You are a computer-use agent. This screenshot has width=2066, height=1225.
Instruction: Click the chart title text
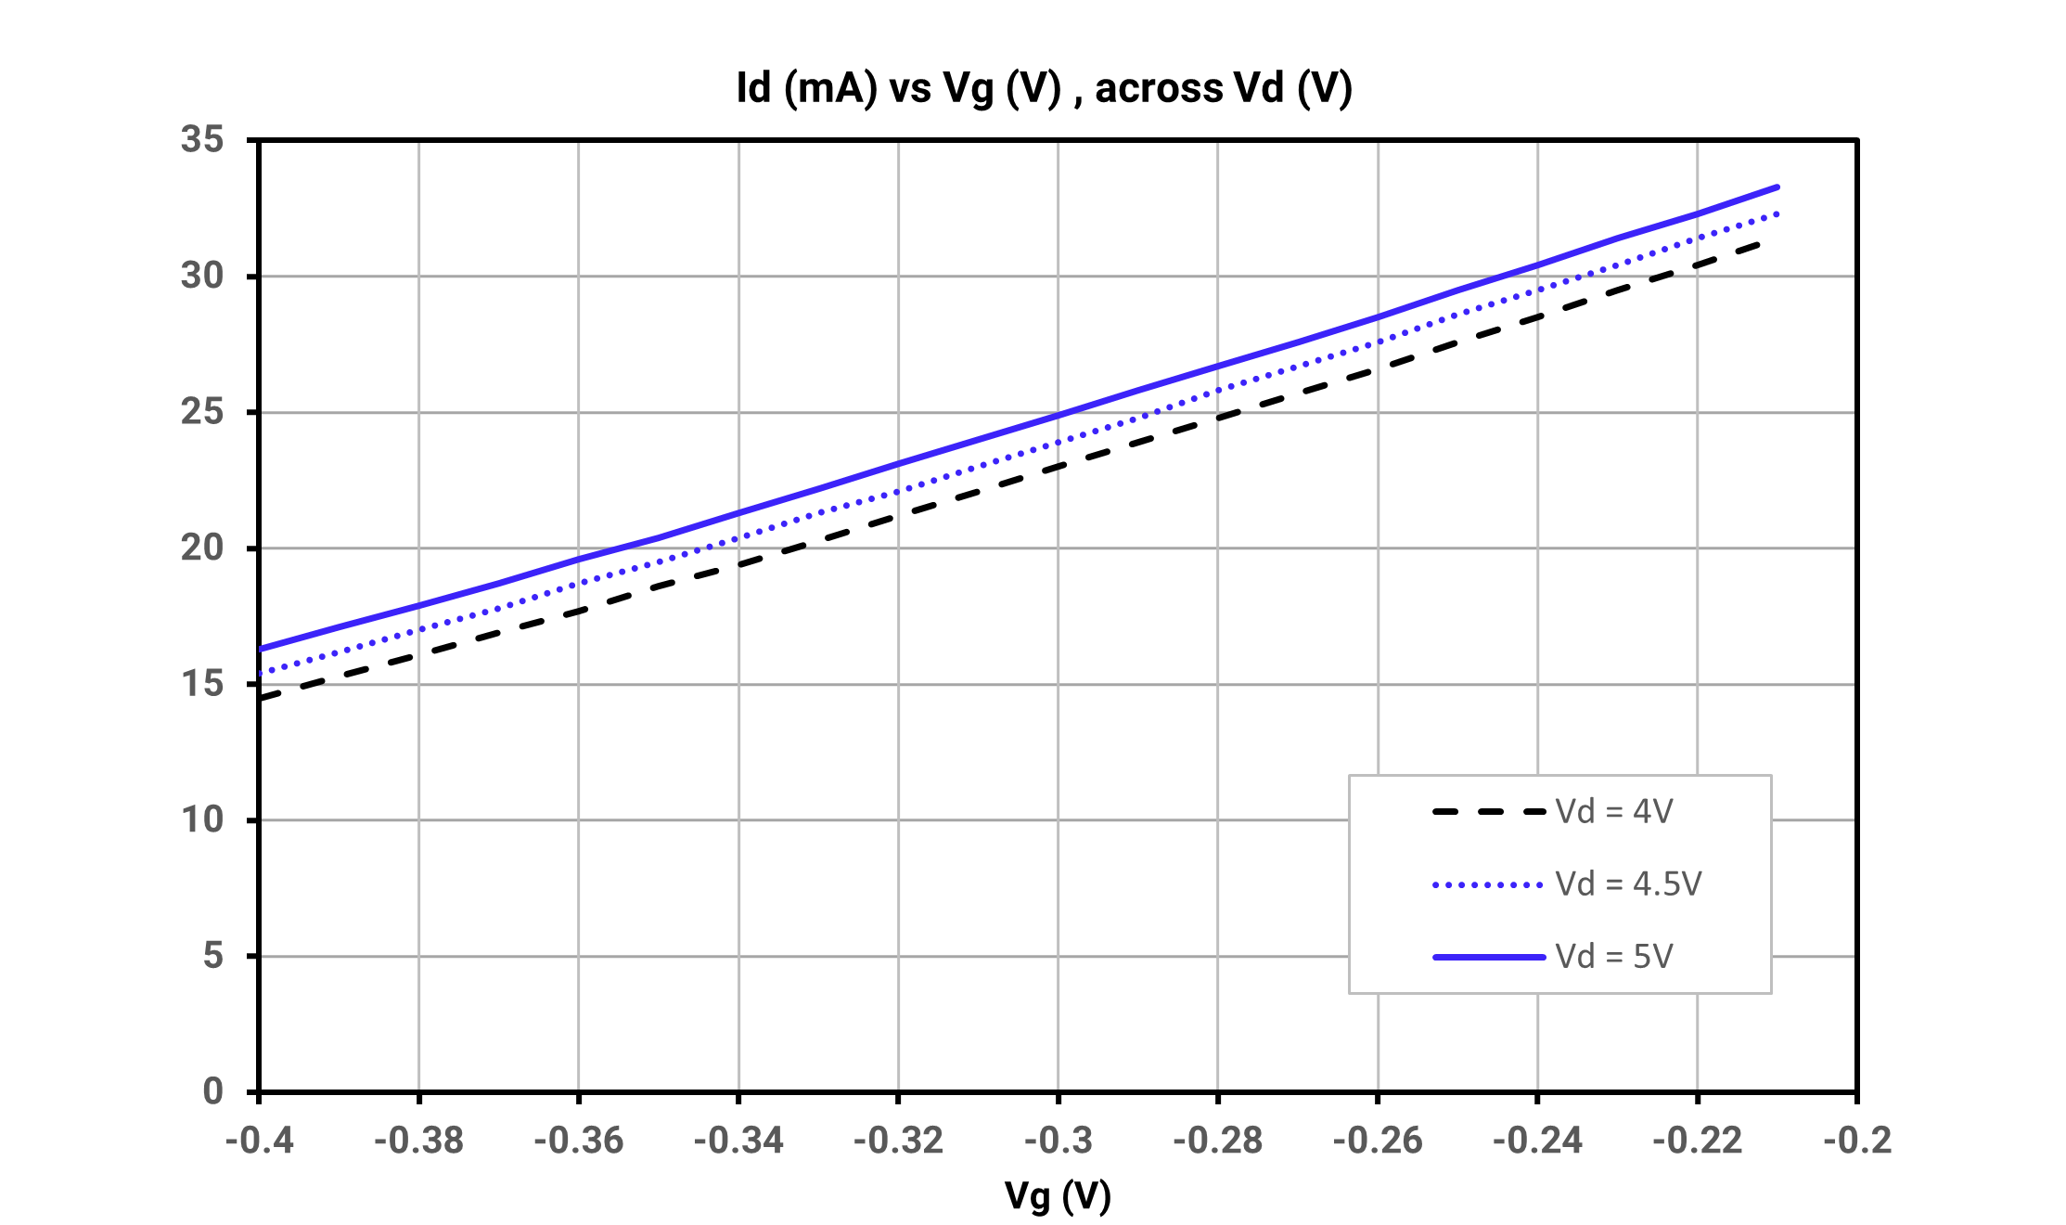[1044, 89]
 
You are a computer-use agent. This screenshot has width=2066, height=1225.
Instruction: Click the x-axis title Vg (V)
[1058, 1195]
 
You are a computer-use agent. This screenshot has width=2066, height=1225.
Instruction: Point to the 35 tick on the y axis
[202, 139]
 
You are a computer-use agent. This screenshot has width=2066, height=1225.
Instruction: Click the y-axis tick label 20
[202, 548]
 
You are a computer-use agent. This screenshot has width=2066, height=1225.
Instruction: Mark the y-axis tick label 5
[213, 956]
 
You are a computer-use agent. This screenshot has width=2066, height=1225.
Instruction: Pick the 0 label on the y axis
[213, 1091]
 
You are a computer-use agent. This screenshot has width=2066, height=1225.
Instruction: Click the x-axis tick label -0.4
[260, 1141]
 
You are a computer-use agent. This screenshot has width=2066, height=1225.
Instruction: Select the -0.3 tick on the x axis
[1059, 1141]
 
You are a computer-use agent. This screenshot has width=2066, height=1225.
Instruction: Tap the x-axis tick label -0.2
[1857, 1141]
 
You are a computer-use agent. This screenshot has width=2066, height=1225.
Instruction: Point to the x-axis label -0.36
[579, 1141]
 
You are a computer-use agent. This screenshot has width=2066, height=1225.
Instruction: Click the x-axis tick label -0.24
[1538, 1141]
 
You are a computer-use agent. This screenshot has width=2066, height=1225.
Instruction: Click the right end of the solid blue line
[1777, 187]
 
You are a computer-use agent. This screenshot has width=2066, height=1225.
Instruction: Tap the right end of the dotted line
[1777, 214]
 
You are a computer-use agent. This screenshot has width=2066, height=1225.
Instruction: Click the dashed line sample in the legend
[1488, 812]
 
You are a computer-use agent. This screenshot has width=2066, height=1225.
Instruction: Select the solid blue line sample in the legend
[1488, 957]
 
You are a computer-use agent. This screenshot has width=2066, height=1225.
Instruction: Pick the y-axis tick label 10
[202, 819]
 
